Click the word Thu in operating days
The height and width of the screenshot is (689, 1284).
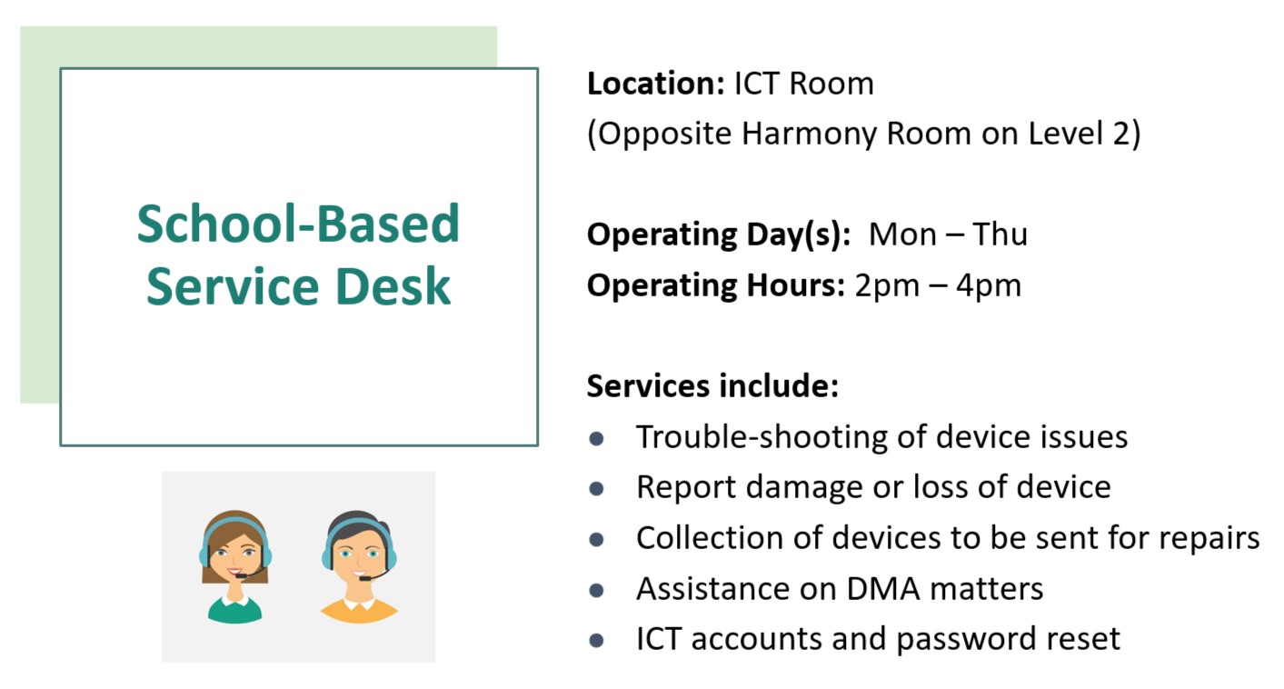pos(1000,235)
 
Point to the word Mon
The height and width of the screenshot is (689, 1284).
pos(901,235)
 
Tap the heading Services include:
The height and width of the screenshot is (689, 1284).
pos(712,386)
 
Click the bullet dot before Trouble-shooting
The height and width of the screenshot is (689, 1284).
pos(596,438)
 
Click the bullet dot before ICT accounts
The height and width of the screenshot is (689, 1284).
pos(596,641)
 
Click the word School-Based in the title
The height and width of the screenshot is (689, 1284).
pos(298,225)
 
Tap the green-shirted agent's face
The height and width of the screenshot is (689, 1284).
pos(235,554)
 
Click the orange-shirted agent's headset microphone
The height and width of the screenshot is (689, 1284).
pos(364,578)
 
